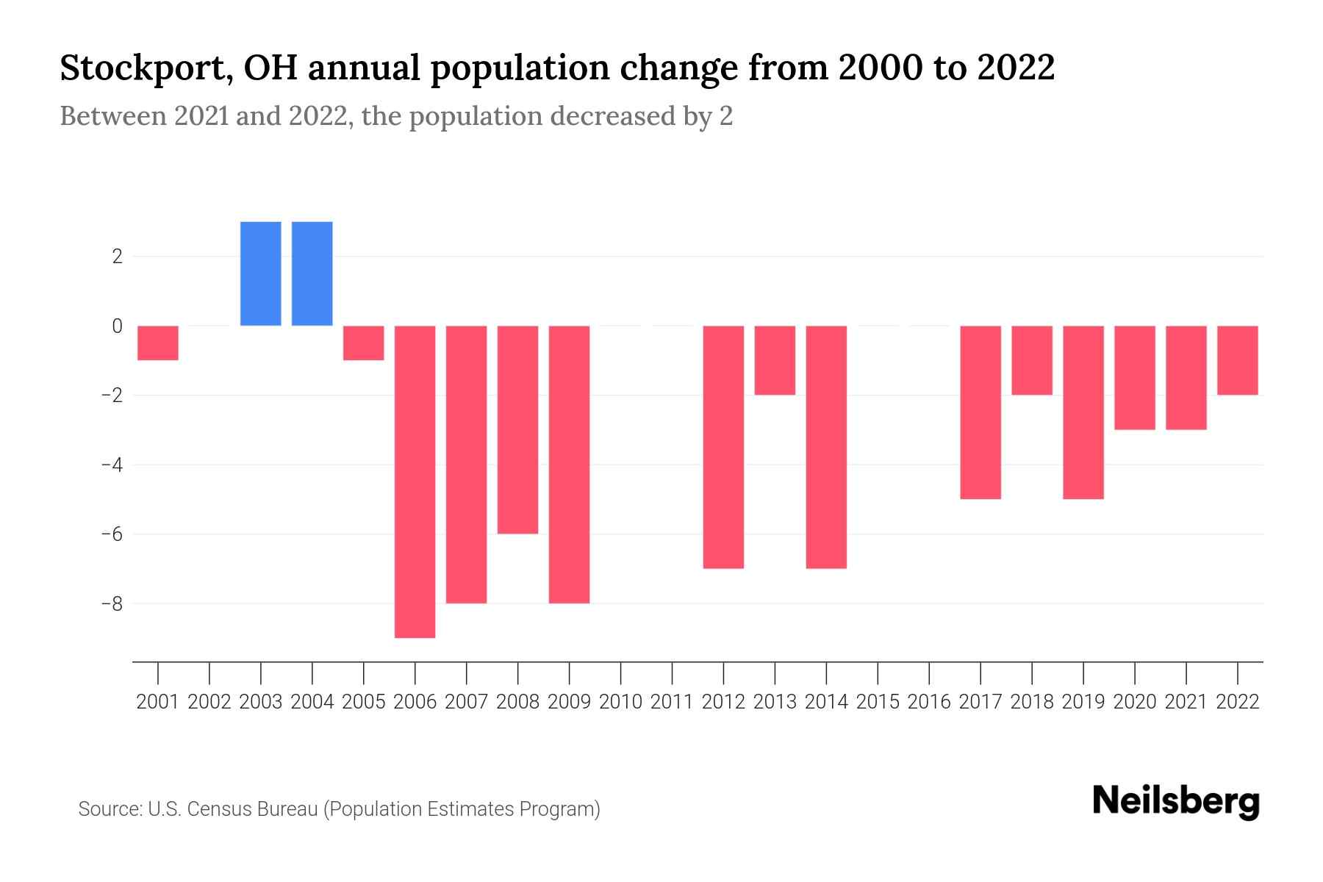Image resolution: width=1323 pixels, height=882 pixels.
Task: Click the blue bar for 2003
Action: click(x=261, y=273)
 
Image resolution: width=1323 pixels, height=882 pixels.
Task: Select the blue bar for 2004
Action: click(x=312, y=273)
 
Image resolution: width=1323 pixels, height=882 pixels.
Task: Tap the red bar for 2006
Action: click(x=415, y=481)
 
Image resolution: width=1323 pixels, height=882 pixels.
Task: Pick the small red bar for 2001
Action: click(x=158, y=343)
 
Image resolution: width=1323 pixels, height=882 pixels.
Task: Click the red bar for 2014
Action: click(x=826, y=447)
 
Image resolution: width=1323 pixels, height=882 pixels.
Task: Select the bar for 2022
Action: click(x=1238, y=360)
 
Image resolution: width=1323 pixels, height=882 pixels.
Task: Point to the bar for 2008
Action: click(x=518, y=430)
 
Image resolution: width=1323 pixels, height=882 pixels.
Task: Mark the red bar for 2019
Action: click(x=1083, y=412)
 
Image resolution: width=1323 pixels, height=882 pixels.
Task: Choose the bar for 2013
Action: click(x=775, y=360)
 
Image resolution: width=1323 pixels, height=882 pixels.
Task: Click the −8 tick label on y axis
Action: click(x=111, y=603)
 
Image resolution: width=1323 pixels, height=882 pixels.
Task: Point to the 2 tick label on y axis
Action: click(x=117, y=257)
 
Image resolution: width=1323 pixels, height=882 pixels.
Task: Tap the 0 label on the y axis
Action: click(x=117, y=326)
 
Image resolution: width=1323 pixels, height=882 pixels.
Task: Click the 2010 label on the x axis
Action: click(x=621, y=702)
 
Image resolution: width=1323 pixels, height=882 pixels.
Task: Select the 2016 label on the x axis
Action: click(x=929, y=702)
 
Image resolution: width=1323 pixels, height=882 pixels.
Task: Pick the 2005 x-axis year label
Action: click(x=364, y=702)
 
